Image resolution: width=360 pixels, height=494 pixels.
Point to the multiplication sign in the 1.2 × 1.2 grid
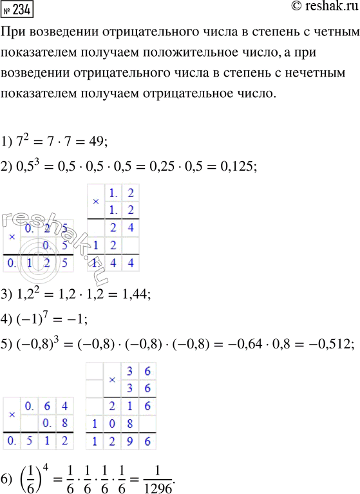click(x=96, y=202)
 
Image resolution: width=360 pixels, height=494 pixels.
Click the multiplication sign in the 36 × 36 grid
click(x=111, y=380)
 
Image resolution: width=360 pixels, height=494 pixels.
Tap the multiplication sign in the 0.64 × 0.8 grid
click(x=12, y=416)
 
